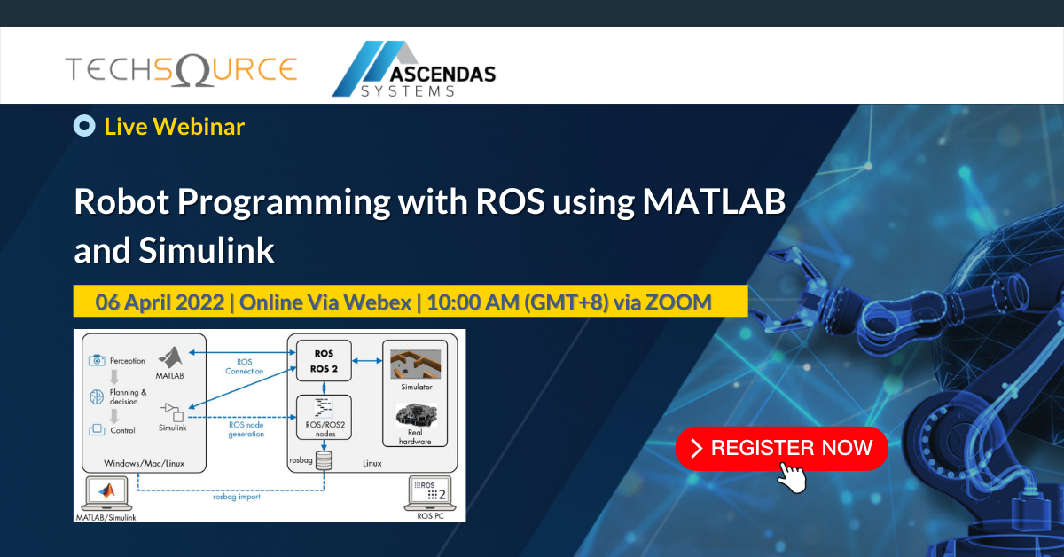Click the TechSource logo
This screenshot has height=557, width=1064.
(x=180, y=69)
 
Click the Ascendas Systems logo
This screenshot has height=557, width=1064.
(x=413, y=69)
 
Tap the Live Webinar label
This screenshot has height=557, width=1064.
(x=174, y=126)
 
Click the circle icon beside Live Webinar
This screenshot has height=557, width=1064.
(x=84, y=126)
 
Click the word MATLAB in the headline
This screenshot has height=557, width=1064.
(x=714, y=202)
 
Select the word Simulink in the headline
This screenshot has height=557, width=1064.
(x=207, y=251)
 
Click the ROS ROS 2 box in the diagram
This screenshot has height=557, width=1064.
(x=323, y=361)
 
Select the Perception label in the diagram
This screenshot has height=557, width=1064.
(x=127, y=361)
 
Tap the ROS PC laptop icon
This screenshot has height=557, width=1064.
(x=428, y=492)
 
